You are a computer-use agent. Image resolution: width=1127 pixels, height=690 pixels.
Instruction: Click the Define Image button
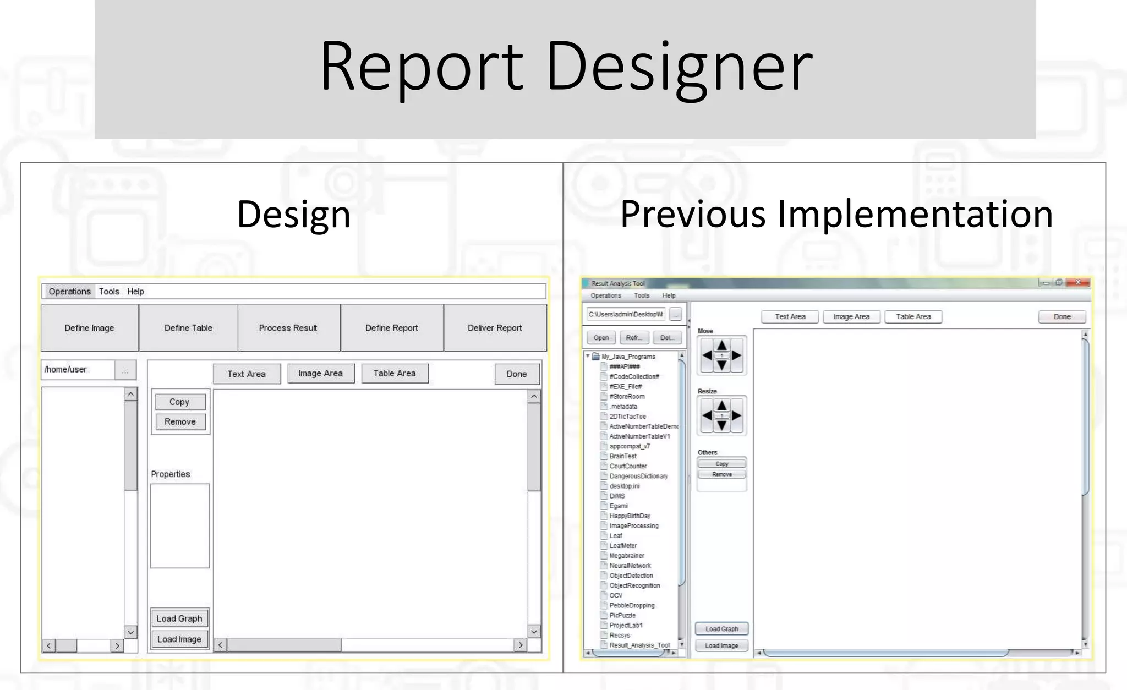pyautogui.click(x=89, y=328)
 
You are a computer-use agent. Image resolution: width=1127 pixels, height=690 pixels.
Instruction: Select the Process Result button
pyautogui.click(x=288, y=328)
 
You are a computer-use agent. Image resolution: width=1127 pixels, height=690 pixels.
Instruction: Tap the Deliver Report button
pyautogui.click(x=495, y=328)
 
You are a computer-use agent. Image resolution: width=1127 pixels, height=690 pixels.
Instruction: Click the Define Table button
pyautogui.click(x=188, y=328)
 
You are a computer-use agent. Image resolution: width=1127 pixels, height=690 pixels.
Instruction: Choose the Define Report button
pyautogui.click(x=391, y=328)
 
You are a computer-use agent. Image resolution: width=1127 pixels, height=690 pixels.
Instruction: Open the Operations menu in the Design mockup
pyautogui.click(x=69, y=292)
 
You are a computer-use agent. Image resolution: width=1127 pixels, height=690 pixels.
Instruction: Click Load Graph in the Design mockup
pyautogui.click(x=179, y=618)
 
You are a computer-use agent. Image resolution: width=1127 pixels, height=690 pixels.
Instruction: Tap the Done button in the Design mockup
pyautogui.click(x=516, y=374)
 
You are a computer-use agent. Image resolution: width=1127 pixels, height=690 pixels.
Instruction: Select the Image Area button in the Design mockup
pyautogui.click(x=320, y=374)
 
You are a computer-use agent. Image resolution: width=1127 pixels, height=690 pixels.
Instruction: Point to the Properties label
pyautogui.click(x=171, y=474)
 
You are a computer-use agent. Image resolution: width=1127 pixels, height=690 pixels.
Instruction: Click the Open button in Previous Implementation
pyautogui.click(x=601, y=338)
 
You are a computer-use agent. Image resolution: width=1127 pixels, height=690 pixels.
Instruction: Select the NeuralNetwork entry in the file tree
pyautogui.click(x=630, y=566)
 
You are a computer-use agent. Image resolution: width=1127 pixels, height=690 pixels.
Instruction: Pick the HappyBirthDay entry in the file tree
pyautogui.click(x=630, y=516)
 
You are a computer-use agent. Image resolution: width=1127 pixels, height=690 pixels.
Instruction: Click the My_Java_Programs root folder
pyautogui.click(x=628, y=357)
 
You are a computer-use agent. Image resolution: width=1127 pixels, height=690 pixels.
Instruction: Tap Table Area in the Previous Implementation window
pyautogui.click(x=913, y=317)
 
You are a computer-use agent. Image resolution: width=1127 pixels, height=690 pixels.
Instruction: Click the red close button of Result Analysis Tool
pyautogui.click(x=1078, y=282)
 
